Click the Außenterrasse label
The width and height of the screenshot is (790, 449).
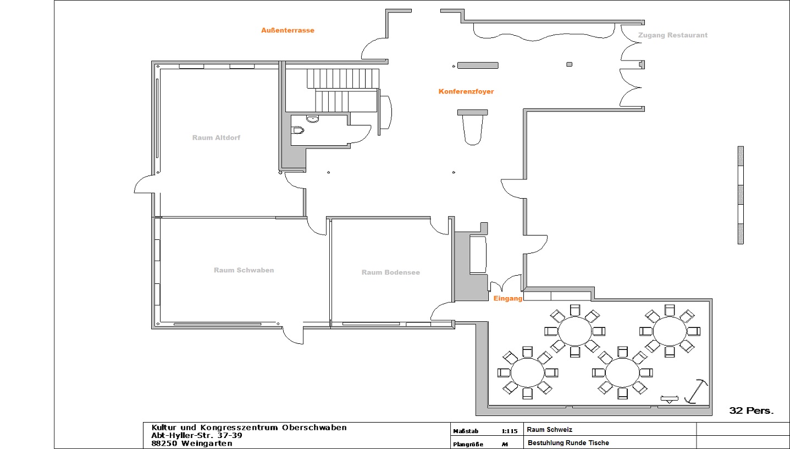coord(288,30)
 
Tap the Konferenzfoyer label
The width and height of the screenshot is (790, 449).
coord(466,91)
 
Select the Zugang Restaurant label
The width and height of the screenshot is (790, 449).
coord(672,35)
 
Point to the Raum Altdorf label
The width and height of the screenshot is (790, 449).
coord(216,138)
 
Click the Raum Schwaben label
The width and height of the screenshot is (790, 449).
coord(244,270)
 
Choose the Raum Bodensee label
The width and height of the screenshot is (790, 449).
coord(391,272)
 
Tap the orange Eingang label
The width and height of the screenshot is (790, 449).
coord(507,299)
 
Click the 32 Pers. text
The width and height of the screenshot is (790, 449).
coord(751,410)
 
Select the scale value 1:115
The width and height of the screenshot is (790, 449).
coord(510,431)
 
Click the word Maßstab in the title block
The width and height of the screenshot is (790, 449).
coord(466,431)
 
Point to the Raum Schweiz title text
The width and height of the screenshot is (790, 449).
coord(549,430)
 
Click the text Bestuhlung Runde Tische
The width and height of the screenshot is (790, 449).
coord(568,442)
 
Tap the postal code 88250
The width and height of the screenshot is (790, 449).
coord(164,443)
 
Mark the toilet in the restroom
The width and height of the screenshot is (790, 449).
coord(297,130)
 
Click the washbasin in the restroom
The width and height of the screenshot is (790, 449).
coord(312,119)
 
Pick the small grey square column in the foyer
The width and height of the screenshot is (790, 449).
coord(569,64)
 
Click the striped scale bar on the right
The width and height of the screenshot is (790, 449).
coord(741,195)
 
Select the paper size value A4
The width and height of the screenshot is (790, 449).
coord(505,445)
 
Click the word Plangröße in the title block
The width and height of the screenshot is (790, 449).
coord(468,445)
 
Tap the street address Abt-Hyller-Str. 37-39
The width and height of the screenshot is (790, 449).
coord(197,436)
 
